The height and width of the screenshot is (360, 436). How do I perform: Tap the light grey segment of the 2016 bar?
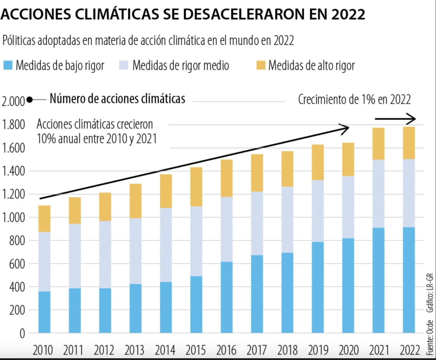pos(227,229)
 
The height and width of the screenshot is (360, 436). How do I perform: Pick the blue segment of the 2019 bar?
pos(318,287)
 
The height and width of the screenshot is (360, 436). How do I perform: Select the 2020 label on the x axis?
pos(348,351)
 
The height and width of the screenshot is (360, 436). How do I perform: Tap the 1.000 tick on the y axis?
pos(13,218)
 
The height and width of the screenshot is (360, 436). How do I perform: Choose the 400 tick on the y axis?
pos(16,287)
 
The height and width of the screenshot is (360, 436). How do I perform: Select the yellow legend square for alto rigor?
pos(261,66)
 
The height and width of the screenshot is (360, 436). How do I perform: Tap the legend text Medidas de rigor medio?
pos(181,66)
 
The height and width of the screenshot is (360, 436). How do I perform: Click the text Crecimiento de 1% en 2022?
pos(354,100)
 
